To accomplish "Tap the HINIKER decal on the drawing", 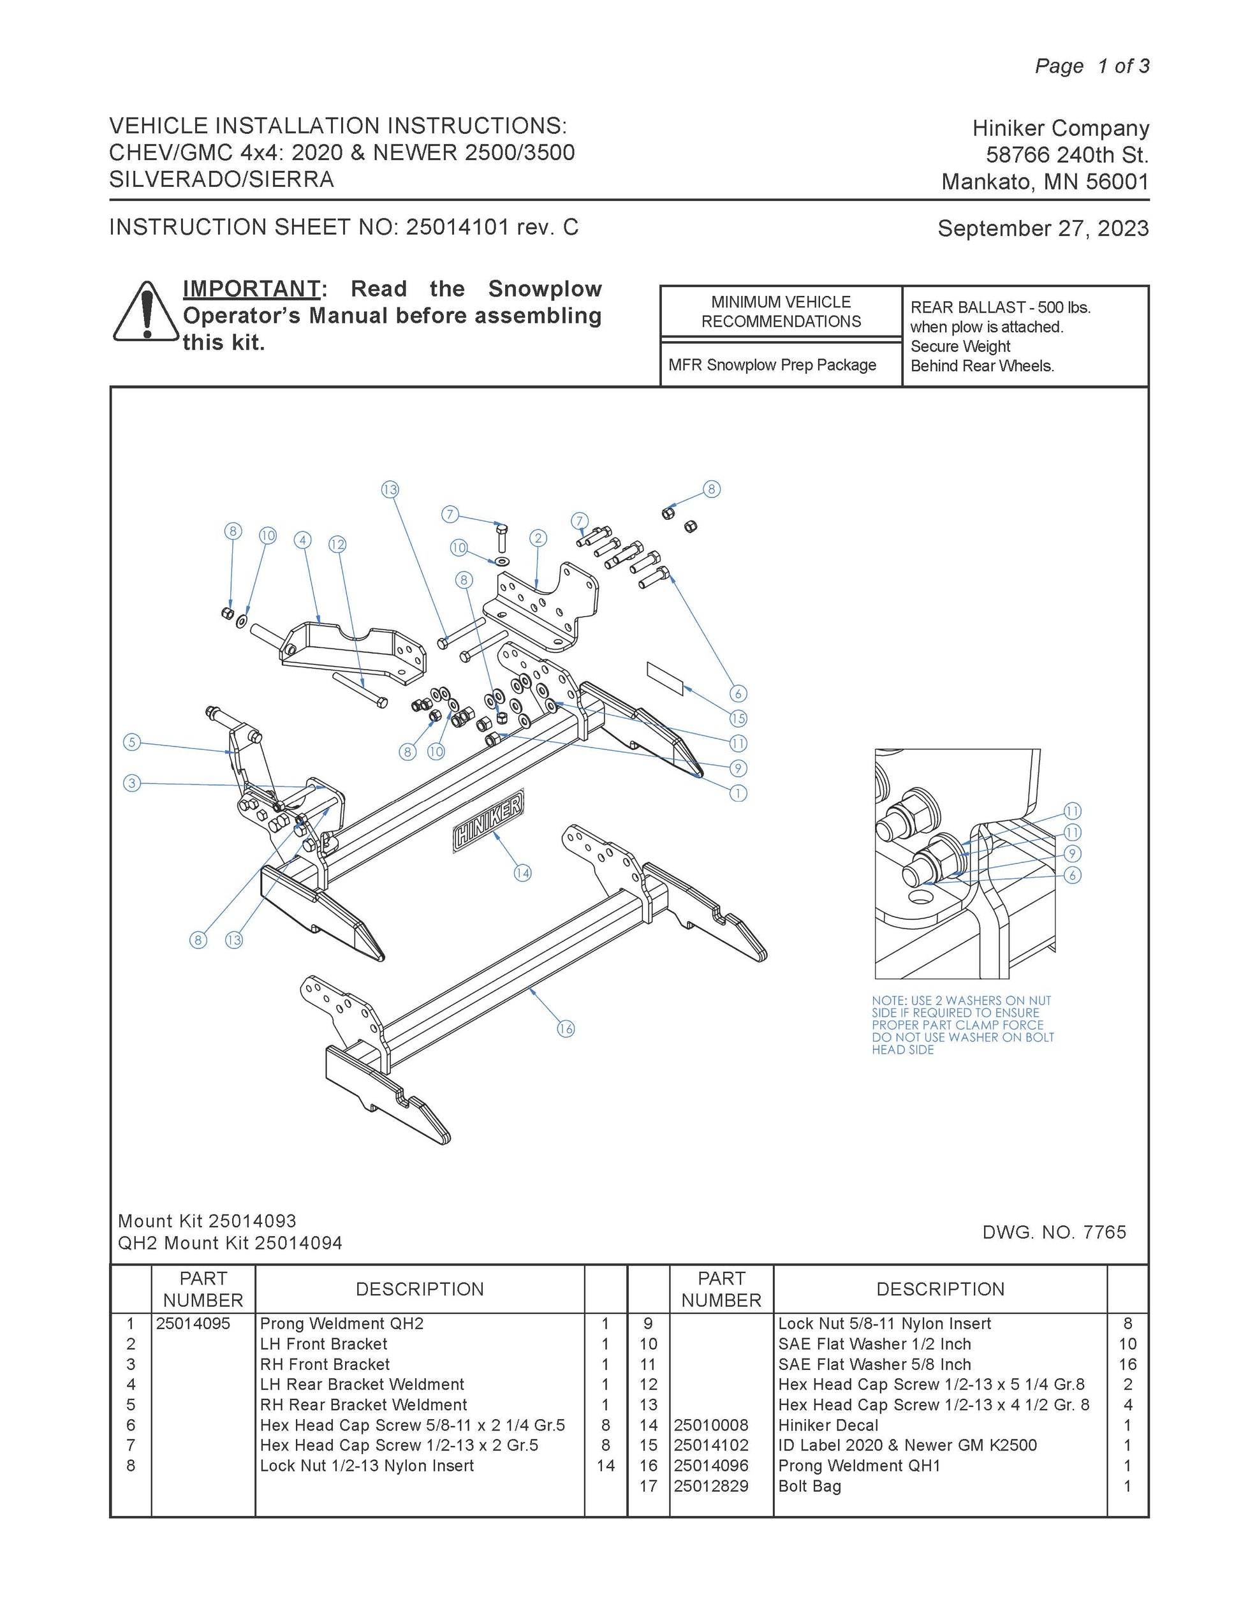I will click(489, 821).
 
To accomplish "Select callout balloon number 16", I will click(566, 1029).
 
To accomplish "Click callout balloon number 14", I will click(522, 873).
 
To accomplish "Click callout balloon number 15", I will click(738, 718).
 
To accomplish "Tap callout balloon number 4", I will click(303, 540).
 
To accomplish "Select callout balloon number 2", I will click(538, 538).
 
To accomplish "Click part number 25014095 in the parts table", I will click(193, 1323).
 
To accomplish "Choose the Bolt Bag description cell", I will click(809, 1486).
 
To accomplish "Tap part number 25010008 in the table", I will click(711, 1425).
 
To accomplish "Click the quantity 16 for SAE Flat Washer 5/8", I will click(1127, 1364).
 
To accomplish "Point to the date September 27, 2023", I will click(1043, 229).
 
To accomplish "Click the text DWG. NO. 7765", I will click(1054, 1232).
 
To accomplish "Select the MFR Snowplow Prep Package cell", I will click(772, 365).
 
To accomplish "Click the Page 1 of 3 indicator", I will click(1092, 66).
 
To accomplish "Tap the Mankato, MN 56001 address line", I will click(1045, 182).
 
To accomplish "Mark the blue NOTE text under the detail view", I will click(962, 1025).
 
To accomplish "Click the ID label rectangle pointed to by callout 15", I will click(665, 678).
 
